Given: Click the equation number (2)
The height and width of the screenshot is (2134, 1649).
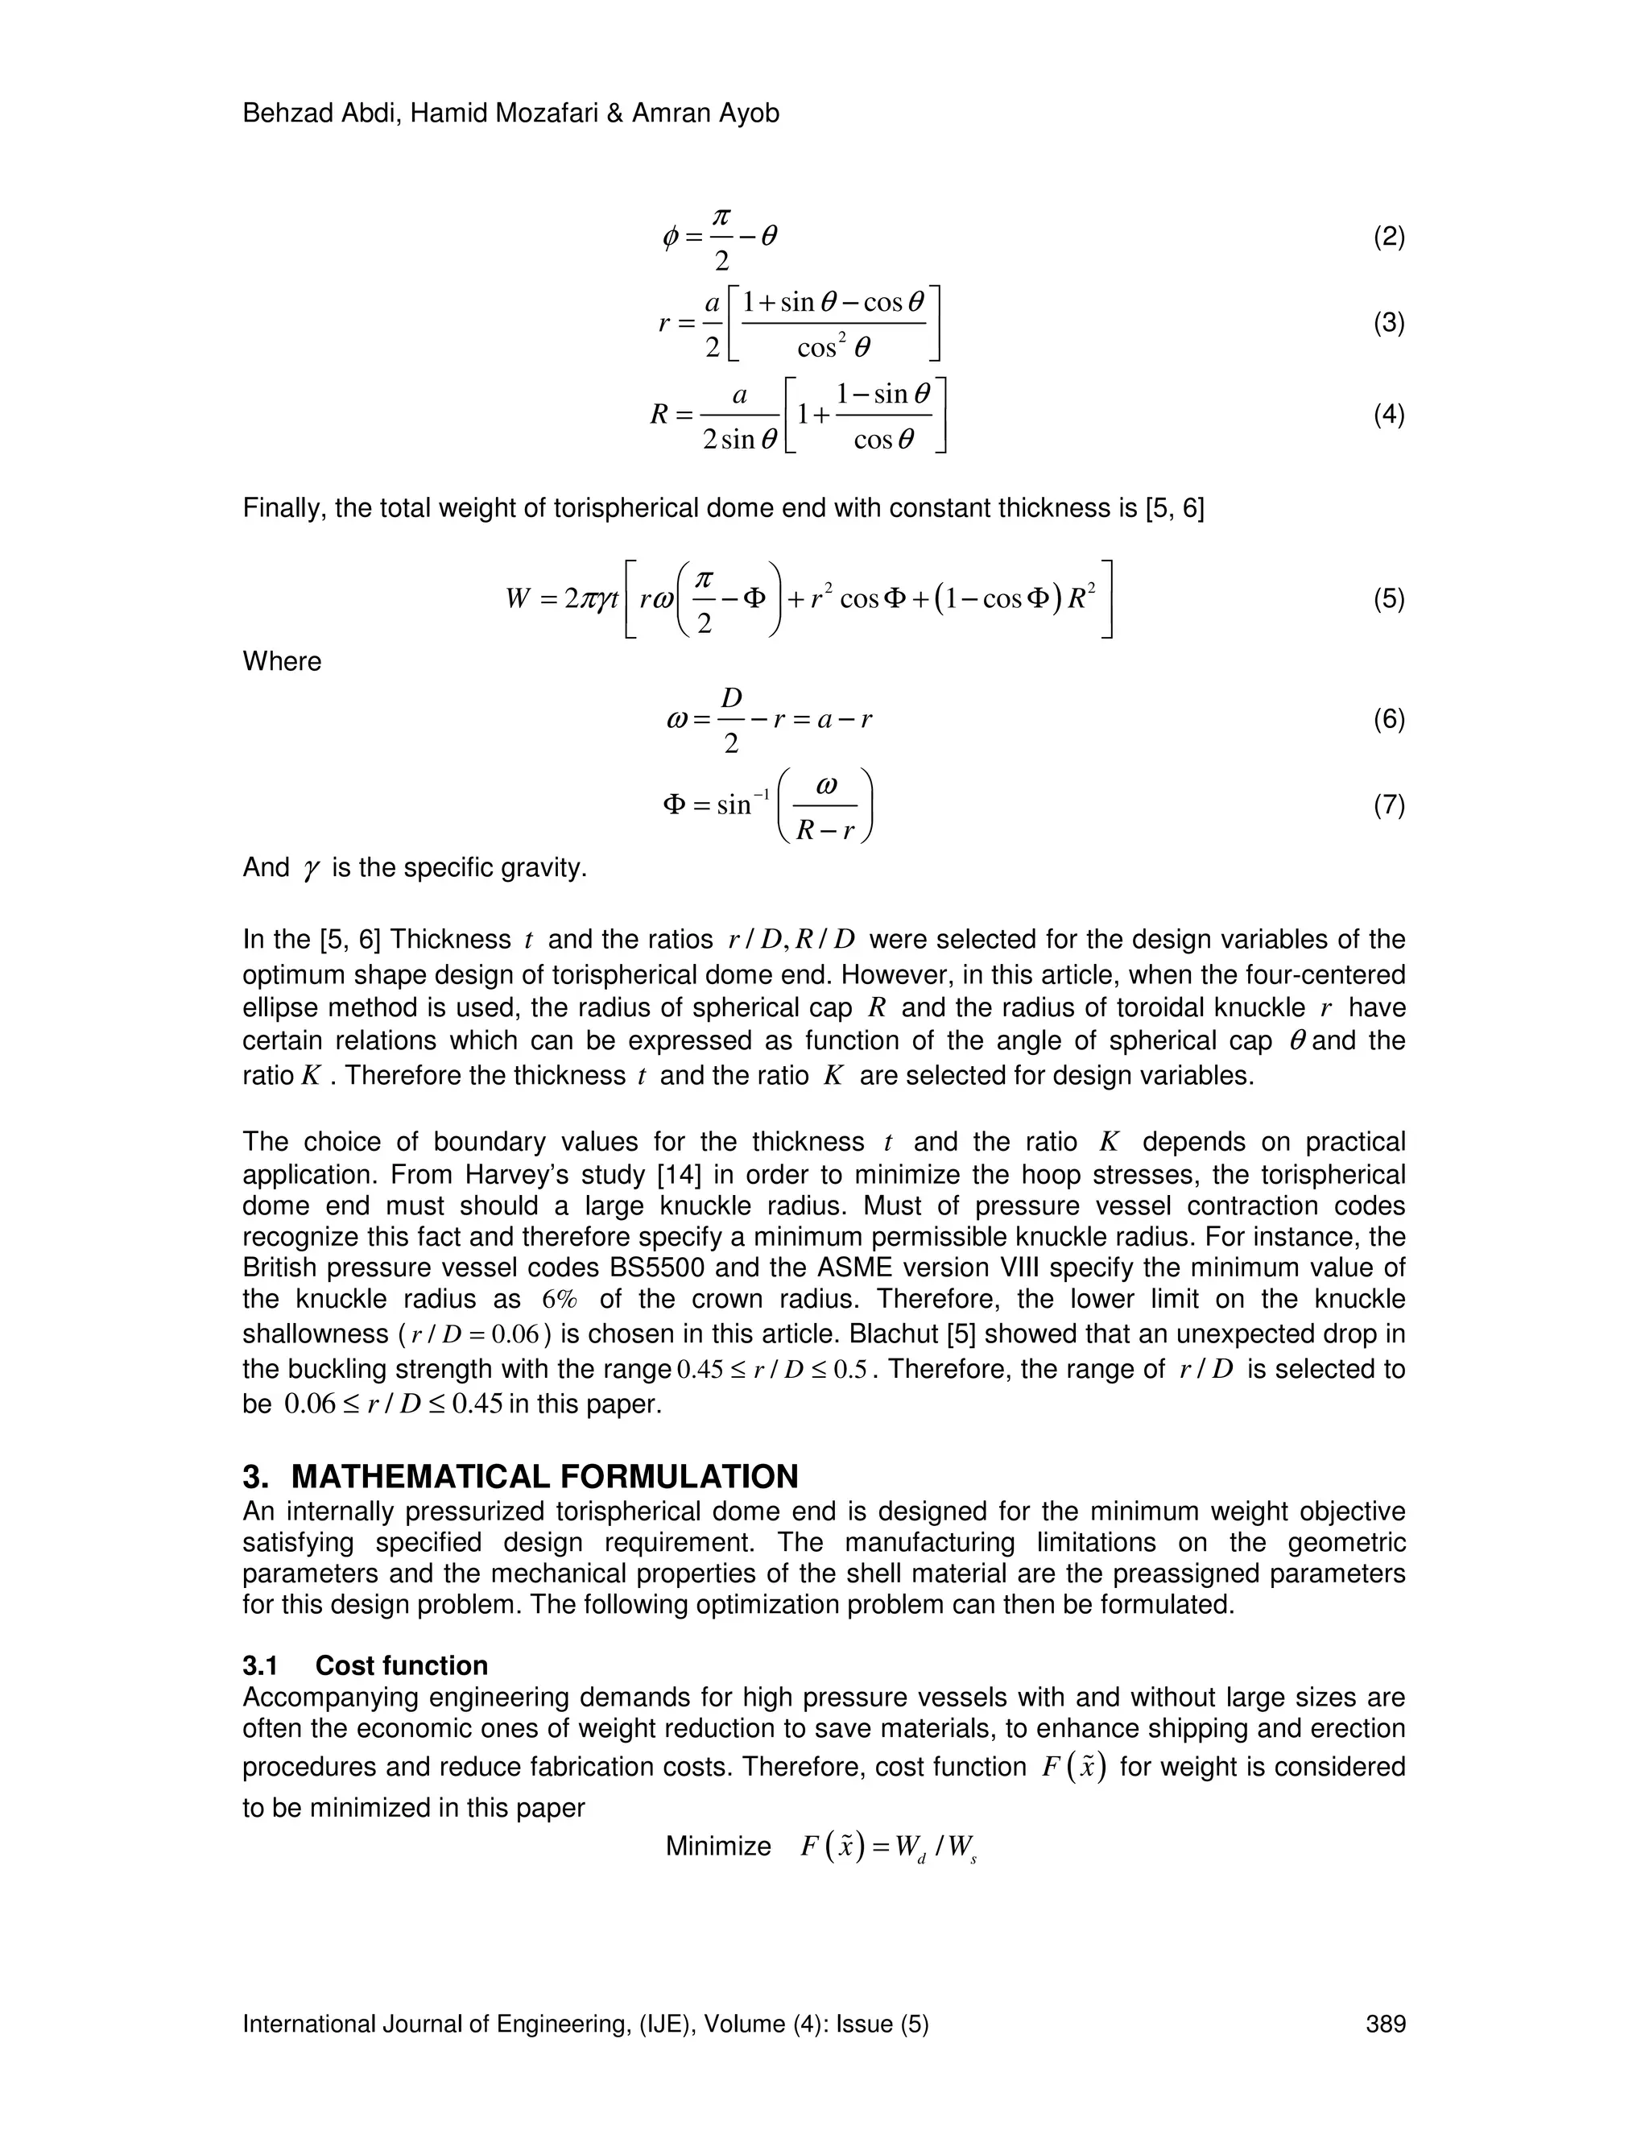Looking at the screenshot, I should point(1388,237).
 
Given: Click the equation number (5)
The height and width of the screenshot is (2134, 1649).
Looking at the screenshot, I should point(1388,598).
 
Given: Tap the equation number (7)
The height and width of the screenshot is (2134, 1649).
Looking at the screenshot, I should point(1388,805).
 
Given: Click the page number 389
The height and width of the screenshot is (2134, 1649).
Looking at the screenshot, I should point(1385,2024).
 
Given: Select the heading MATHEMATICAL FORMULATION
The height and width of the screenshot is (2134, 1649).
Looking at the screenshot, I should point(544,1476).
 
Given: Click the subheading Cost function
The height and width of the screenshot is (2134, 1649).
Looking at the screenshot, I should point(402,1666).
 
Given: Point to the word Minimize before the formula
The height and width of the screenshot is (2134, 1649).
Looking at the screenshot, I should point(718,1846).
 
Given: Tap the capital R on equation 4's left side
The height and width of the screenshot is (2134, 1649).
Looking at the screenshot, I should point(659,416).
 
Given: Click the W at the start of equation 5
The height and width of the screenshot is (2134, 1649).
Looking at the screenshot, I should point(518,598).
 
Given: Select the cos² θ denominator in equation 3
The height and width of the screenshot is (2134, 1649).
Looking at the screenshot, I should point(833,347).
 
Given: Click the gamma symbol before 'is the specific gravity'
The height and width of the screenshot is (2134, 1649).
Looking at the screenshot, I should point(312,869).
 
